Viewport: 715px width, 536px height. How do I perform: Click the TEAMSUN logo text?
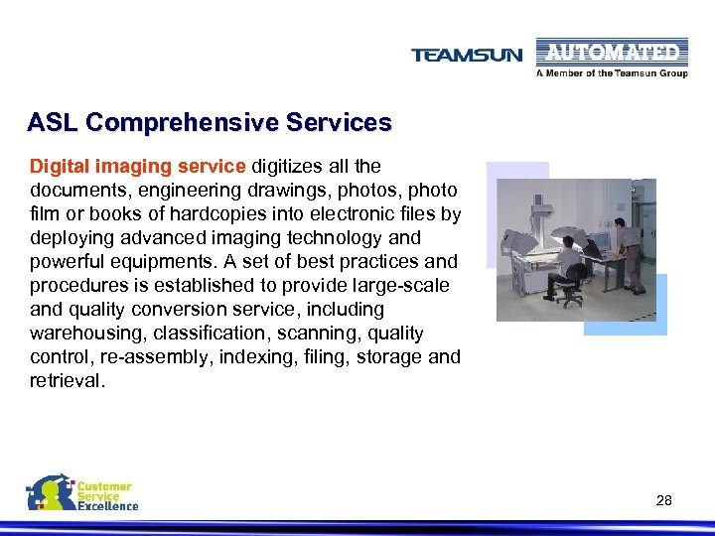coord(466,56)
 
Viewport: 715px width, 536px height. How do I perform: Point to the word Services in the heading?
coord(339,123)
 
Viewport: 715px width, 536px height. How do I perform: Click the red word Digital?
coord(58,166)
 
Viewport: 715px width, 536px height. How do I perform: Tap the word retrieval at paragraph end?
coord(66,381)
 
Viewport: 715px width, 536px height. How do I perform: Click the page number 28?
coord(664,500)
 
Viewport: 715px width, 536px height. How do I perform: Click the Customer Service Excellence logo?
coord(82,493)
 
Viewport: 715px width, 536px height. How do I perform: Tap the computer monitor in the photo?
coord(600,240)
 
